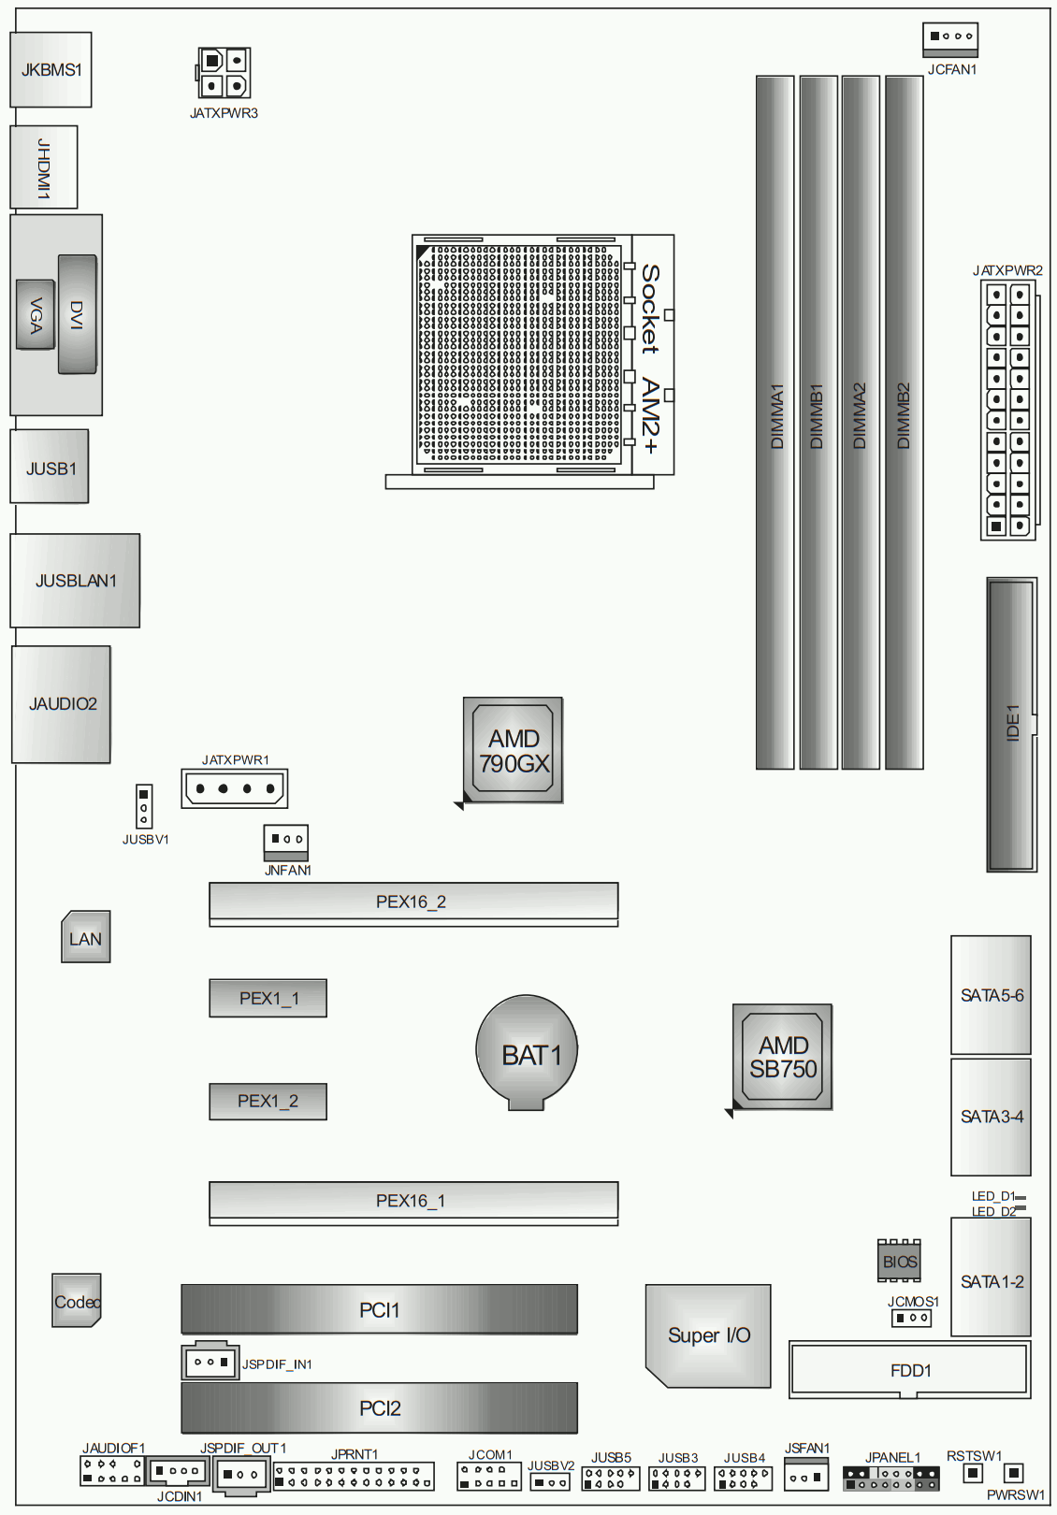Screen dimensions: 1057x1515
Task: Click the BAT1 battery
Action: coord(527,1052)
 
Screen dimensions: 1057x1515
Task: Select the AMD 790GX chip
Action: coord(513,750)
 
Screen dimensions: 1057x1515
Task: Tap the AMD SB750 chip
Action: coord(782,1057)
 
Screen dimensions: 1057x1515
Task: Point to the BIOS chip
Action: coord(899,1261)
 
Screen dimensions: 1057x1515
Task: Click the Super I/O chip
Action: coord(708,1335)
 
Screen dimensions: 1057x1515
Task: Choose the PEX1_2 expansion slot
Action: coord(268,1101)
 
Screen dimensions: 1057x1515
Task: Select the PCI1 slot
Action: coord(379,1309)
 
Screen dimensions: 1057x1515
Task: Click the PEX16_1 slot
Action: coord(413,1204)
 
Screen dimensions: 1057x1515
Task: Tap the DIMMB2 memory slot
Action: coord(905,423)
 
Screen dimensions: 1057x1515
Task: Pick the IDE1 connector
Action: coord(1012,725)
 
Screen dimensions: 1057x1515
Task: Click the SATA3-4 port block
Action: coord(991,1117)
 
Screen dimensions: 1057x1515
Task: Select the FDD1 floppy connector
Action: coord(910,1370)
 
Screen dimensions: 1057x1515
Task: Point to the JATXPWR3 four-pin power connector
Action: coord(224,73)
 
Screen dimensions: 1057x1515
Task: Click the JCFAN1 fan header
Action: coord(950,40)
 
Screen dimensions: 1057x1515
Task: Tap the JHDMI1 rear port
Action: coord(43,167)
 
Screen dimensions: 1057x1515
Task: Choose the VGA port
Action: coord(36,314)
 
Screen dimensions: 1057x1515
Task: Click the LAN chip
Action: coord(85,937)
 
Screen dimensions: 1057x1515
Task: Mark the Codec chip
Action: coord(77,1301)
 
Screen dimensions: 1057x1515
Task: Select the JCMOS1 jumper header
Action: coord(911,1319)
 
